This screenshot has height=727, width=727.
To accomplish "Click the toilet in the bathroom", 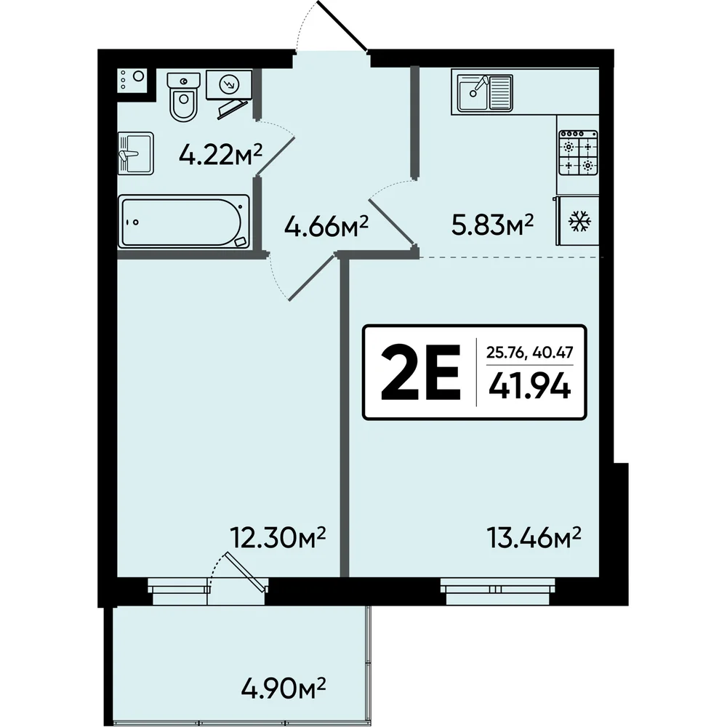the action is (x=184, y=97).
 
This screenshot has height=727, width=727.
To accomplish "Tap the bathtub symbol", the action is (x=184, y=222).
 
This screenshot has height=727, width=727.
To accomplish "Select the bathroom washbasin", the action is (x=135, y=153).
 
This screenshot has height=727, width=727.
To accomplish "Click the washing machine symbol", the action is (x=228, y=84).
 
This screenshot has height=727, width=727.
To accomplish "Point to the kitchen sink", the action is (x=484, y=93).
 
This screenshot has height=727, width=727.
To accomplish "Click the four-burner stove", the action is (x=578, y=152).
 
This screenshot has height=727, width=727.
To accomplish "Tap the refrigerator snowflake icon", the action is (x=579, y=221).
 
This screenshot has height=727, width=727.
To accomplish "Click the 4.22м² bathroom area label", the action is (x=221, y=154).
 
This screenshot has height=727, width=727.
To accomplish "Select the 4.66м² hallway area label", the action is (x=326, y=226).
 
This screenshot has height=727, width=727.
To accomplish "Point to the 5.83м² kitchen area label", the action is (x=492, y=225).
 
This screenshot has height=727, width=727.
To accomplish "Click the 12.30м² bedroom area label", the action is (x=278, y=538).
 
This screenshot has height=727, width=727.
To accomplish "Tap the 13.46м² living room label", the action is (x=534, y=538).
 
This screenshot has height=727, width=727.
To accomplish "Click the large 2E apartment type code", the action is (x=421, y=372).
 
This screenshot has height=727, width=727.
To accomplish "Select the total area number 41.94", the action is (x=529, y=386).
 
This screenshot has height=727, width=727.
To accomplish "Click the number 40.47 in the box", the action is (x=553, y=353).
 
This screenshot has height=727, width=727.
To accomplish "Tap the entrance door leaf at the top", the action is (x=342, y=25).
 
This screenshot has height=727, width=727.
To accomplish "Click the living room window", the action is (x=497, y=591).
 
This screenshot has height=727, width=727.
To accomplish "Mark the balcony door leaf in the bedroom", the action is (x=246, y=571).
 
